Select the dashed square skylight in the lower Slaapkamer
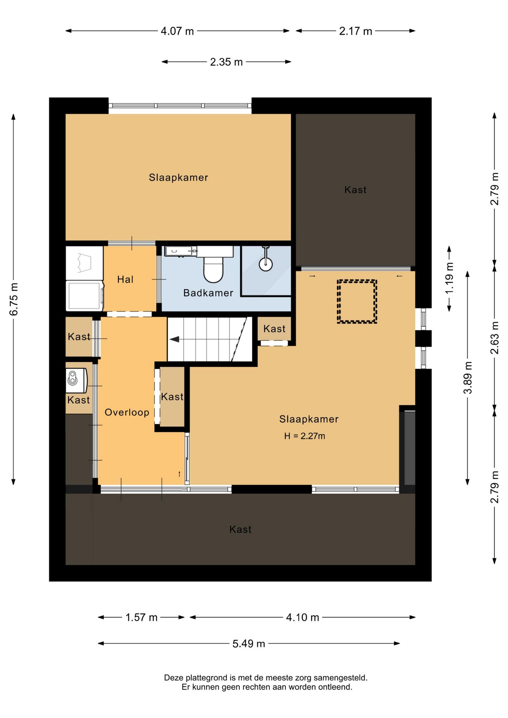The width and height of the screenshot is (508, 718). coord(357,301)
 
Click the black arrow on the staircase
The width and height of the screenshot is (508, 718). coord(174,339)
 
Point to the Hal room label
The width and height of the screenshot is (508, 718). coord(125,279)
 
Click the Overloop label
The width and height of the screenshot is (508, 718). coord(127,412)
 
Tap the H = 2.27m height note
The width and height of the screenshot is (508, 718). coord(305,436)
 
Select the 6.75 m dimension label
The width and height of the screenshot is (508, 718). coord(13,299)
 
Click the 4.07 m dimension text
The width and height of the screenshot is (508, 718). coord(177,31)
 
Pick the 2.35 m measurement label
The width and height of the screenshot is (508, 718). coord(226,62)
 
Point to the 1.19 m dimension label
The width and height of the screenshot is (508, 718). coord(450,278)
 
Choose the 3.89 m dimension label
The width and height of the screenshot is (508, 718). coord(468,378)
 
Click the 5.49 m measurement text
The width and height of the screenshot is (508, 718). coord(249,644)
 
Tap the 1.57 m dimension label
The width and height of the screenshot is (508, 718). coord(141,617)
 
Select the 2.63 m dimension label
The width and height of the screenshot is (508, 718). coord(495,338)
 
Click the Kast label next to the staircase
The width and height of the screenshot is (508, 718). coord(274,329)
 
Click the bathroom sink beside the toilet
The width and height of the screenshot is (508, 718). coord(181,251)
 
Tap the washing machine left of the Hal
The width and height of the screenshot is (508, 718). coord(85,296)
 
